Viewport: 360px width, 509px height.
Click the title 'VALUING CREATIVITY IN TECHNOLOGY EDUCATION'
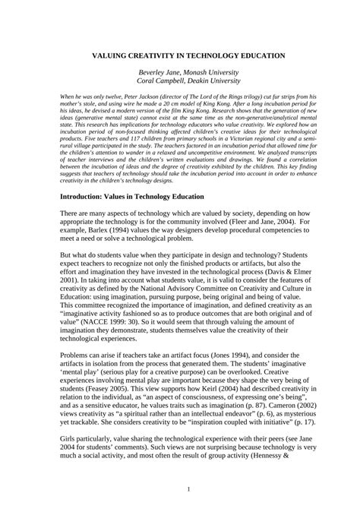coord(179,55)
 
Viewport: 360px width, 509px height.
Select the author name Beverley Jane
coord(155,70)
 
